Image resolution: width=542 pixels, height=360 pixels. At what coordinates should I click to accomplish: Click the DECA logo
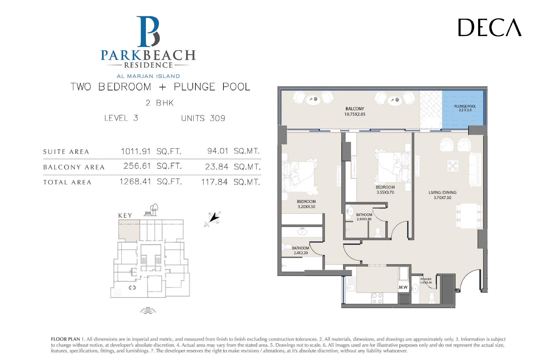click(490, 27)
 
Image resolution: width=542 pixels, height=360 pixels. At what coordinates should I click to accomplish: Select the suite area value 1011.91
click(136, 151)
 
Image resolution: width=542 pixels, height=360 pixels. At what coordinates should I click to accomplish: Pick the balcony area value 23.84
click(216, 167)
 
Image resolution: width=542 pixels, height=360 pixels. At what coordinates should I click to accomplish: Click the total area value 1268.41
click(135, 182)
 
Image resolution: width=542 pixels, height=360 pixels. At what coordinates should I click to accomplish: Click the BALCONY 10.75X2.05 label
click(355, 111)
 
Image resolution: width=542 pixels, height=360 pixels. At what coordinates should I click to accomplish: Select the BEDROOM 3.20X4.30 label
click(306, 204)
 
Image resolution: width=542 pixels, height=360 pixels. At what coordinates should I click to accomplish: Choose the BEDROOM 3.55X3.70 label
click(385, 190)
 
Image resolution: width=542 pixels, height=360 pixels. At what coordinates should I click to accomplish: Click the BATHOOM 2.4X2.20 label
click(301, 250)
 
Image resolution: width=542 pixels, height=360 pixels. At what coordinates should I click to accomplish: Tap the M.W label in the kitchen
click(403, 287)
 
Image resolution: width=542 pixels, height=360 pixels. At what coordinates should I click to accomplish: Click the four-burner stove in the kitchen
click(377, 298)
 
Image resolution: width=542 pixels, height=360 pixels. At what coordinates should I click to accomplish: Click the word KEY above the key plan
click(125, 216)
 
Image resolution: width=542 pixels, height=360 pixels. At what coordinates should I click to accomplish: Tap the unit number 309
click(217, 118)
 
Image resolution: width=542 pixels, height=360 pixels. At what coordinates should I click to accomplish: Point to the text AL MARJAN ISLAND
click(148, 76)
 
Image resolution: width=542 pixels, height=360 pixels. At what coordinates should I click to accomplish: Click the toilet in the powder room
click(431, 298)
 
